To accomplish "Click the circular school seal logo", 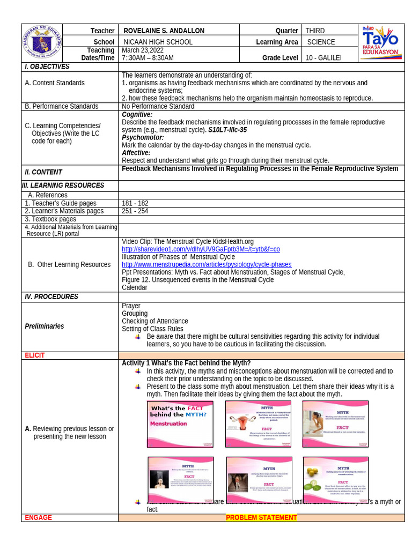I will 42,43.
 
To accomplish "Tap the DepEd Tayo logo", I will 380,43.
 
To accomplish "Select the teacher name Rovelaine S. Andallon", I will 164,31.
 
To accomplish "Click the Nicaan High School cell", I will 158,42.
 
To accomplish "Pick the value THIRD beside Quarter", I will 315,31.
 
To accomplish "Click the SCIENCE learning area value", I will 321,42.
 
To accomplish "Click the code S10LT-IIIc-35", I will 227,130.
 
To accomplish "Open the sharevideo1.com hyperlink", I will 201,249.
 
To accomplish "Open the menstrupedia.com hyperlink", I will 207,264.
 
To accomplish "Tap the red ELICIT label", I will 35,355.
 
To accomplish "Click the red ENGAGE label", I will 38,517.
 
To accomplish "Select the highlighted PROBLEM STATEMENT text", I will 261,517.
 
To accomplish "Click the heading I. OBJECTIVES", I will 47,66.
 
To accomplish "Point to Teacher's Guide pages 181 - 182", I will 135,203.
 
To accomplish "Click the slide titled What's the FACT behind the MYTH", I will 180,424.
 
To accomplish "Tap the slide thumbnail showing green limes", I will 335,480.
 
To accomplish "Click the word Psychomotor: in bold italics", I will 143,137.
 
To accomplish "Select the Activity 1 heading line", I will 186,363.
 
